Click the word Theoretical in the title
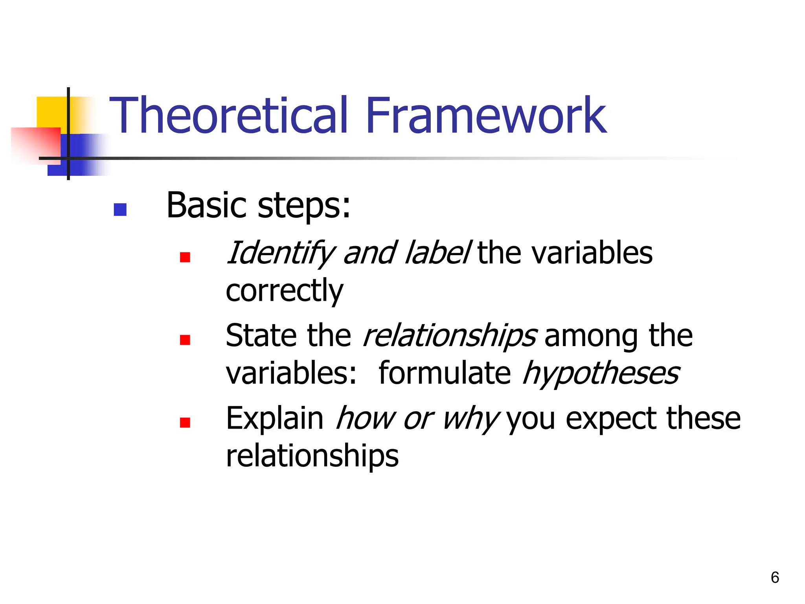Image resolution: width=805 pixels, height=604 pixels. click(x=229, y=116)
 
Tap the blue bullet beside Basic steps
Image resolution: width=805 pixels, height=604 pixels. click(x=120, y=210)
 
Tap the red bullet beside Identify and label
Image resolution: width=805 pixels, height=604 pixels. click(x=185, y=258)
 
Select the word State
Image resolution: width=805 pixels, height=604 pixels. click(x=261, y=335)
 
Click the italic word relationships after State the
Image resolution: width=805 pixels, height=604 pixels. click(x=450, y=336)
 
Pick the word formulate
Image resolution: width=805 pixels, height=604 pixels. click(x=445, y=373)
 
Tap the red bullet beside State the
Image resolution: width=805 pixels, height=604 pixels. click(x=185, y=340)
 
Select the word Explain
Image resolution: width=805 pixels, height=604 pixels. click(x=274, y=419)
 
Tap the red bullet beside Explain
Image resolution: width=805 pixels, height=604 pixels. click(x=185, y=423)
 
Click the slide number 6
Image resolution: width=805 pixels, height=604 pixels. click(x=775, y=578)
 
